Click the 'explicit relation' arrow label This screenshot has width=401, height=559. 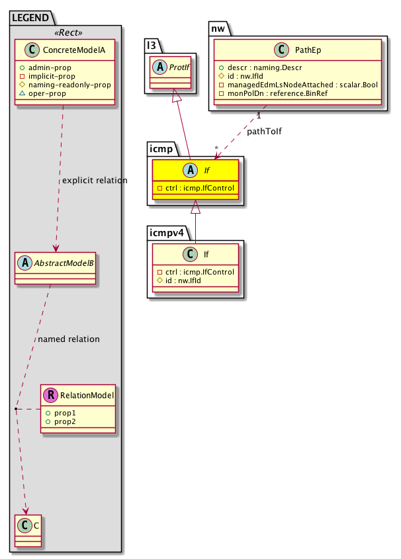[95, 181]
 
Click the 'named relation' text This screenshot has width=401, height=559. [69, 339]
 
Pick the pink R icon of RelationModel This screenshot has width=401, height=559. [50, 396]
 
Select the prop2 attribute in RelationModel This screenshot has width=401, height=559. [65, 421]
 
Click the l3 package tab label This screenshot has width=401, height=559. [152, 45]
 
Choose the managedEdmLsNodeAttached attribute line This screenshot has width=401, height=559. [300, 85]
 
